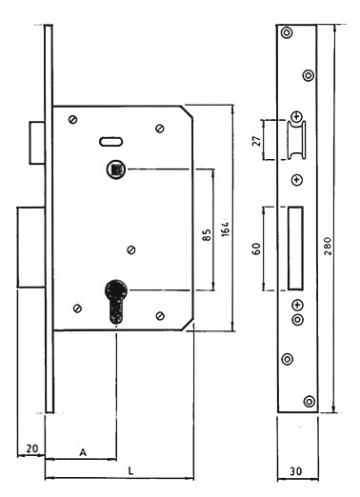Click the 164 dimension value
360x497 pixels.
tap(225, 227)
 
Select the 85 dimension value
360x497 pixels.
tap(207, 235)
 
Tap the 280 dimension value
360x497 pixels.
tap(328, 246)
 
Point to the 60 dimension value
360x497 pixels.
tap(256, 248)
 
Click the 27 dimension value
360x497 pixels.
tap(256, 140)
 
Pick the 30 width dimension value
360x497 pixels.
tap(296, 471)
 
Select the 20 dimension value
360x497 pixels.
tap(32, 448)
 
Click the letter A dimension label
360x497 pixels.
tap(83, 452)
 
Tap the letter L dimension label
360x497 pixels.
tap(130, 471)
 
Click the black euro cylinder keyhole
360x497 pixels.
tap(116, 301)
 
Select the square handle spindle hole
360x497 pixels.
tap(116, 169)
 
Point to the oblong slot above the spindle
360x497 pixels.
tap(111, 142)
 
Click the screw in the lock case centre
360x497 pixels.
tap(131, 249)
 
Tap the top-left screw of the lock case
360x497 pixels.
tap(73, 120)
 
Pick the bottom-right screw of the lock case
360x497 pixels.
tap(160, 316)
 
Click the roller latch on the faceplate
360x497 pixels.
tap(297, 140)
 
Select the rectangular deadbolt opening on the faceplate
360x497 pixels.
tap(295, 248)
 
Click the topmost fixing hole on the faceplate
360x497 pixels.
tap(287, 32)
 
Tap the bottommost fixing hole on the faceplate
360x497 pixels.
tap(310, 401)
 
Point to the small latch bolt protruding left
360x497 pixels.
tap(37, 143)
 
